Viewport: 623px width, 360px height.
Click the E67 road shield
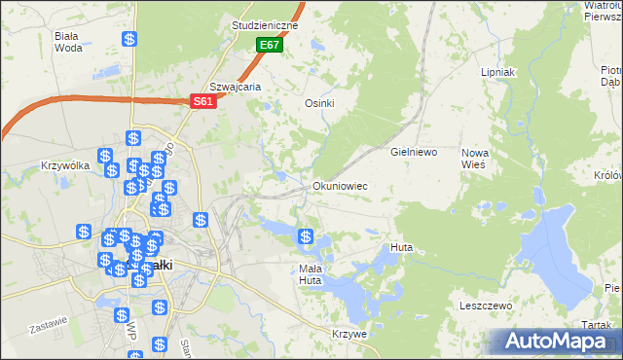click(270, 46)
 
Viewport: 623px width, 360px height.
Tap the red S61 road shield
click(202, 100)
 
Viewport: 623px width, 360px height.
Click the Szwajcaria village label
click(235, 86)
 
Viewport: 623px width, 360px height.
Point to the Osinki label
click(320, 104)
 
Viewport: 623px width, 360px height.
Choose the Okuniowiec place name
click(340, 185)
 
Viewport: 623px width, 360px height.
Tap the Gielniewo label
click(415, 153)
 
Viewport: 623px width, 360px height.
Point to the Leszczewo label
click(485, 306)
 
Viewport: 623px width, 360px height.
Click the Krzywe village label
click(348, 334)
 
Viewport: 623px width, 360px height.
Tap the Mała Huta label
click(310, 274)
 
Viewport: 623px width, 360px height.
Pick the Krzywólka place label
click(65, 165)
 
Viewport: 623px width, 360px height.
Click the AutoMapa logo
click(553, 342)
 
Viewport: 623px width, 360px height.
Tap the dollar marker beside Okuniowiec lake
click(306, 235)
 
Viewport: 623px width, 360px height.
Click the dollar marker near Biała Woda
click(130, 40)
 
